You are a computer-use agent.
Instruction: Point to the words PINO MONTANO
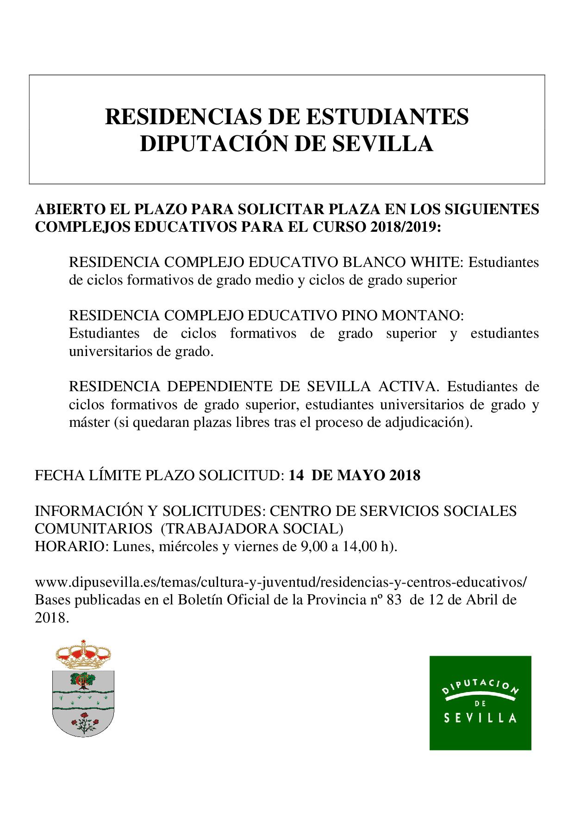click(402, 316)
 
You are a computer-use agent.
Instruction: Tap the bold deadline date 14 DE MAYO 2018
click(354, 476)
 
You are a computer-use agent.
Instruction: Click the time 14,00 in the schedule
click(360, 546)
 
